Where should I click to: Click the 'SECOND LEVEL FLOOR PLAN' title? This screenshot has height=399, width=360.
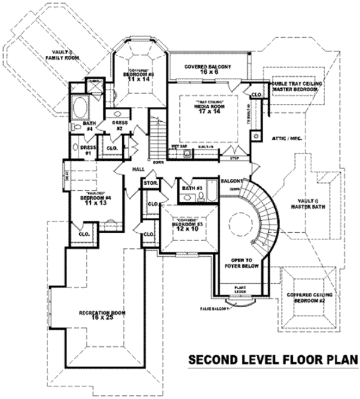273,360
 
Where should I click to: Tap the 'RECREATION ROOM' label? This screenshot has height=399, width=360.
101,313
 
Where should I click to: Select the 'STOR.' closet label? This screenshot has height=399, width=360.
151,183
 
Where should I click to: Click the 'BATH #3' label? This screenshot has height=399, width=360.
190,190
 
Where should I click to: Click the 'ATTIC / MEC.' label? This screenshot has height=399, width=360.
287,138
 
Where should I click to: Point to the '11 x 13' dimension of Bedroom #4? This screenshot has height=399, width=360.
96,204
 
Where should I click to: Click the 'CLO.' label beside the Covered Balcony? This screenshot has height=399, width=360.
256,94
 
